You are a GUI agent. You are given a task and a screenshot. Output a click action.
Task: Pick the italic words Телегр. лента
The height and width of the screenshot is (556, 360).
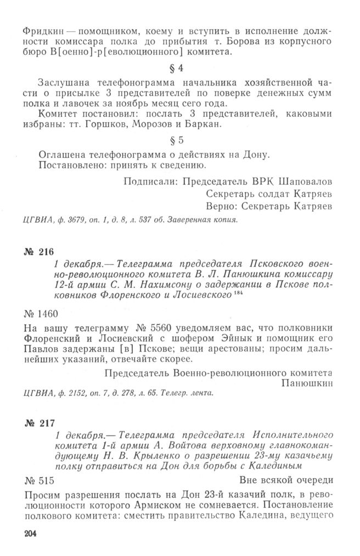[189, 393]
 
